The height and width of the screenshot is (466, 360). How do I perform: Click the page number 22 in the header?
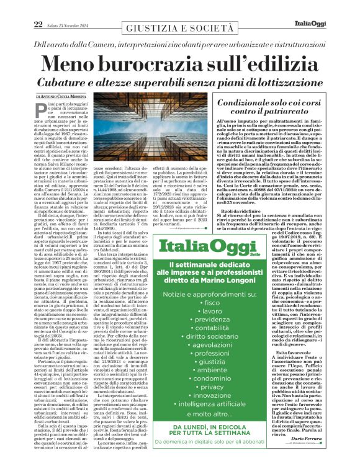click(x=21, y=24)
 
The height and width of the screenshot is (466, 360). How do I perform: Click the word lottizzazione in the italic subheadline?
click(x=280, y=83)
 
